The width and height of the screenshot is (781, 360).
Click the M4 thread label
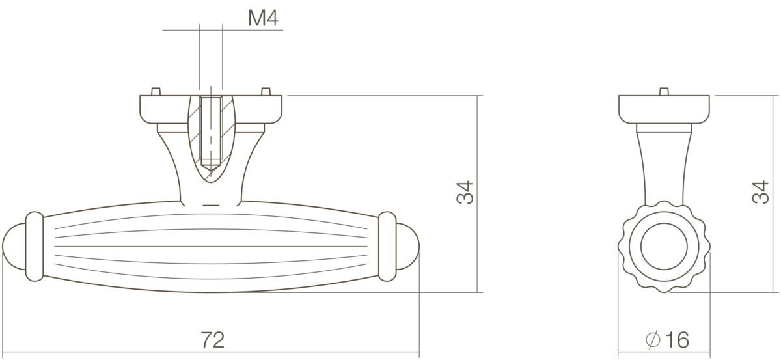click(263, 18)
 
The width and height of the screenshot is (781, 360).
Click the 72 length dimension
click(212, 339)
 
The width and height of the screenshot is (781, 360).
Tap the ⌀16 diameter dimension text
click(667, 339)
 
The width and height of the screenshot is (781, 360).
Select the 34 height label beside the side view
click(465, 192)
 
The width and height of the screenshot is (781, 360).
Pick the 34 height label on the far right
click(760, 192)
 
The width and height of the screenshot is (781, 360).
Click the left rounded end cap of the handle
click(14, 246)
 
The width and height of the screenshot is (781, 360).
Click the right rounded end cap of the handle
click(407, 246)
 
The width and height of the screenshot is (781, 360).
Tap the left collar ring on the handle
click(34, 246)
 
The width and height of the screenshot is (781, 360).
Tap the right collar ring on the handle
click(387, 246)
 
